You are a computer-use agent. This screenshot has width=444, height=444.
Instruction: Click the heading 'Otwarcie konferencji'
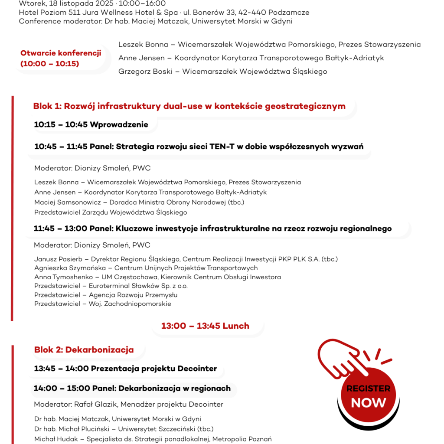click(x=61, y=53)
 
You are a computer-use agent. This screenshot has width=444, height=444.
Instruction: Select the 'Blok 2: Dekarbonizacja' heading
click(x=84, y=350)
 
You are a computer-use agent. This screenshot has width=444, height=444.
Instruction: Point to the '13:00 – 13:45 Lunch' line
click(x=205, y=326)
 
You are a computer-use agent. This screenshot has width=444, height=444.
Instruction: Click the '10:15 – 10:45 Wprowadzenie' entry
click(x=91, y=125)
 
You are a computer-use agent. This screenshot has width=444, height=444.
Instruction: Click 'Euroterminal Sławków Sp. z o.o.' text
click(x=138, y=286)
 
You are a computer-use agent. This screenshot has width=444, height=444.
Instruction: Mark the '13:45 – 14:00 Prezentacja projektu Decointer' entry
click(x=125, y=369)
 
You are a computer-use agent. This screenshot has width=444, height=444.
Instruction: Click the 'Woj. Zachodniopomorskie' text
click(x=130, y=304)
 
